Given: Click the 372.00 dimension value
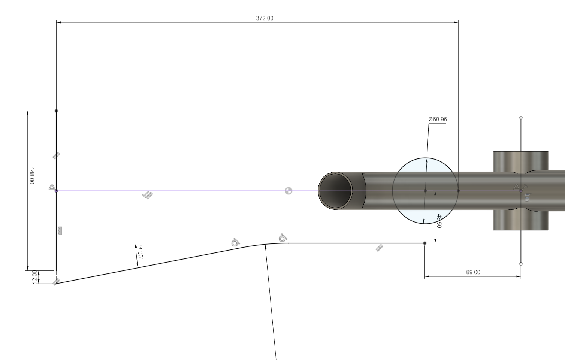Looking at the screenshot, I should tap(265, 18).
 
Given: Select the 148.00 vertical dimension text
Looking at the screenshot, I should tap(31, 176).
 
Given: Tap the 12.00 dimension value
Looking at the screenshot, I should tap(34, 277).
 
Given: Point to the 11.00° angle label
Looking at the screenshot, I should tap(140, 252).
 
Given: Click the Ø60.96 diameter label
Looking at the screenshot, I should tap(438, 120).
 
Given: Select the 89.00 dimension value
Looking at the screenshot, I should tap(473, 272).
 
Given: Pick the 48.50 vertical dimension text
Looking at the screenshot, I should tap(439, 221).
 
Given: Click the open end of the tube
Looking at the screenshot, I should tap(335, 191).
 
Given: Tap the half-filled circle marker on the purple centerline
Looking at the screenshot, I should tap(288, 191).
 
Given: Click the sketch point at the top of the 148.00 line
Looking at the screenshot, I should tap(56, 111).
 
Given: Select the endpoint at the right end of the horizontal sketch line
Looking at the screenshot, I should tap(424, 243).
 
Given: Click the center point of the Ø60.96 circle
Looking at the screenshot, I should tap(425, 191).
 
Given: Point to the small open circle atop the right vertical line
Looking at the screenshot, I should tap(521, 118).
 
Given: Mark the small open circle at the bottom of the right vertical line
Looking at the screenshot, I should tap(521, 264).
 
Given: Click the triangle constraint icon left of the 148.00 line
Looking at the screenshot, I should tap(52, 187).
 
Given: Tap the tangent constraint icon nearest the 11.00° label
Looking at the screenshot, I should tap(235, 242).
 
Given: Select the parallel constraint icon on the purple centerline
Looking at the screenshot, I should tap(148, 195).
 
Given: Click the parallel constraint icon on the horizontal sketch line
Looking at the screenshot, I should tap(379, 248).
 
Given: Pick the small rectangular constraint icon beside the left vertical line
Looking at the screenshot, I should tap(60, 231).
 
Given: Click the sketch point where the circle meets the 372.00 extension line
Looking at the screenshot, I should tap(458, 191).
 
